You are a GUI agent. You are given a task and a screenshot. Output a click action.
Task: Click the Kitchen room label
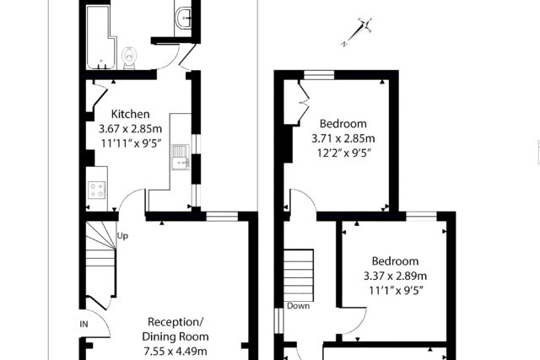click(130, 115)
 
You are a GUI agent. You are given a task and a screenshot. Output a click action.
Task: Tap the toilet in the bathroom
click(129, 58)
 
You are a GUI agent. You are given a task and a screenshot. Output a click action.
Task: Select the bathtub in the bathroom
click(100, 37)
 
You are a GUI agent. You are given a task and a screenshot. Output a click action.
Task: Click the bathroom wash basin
click(185, 18)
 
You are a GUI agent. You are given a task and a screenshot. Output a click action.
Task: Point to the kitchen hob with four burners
click(97, 190)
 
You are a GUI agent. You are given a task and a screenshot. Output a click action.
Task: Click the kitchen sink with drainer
click(180, 157)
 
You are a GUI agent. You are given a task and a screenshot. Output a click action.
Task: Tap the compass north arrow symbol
click(357, 32)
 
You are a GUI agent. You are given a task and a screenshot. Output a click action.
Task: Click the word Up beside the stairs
click(122, 236)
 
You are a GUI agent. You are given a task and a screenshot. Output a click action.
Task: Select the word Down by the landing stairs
click(298, 306)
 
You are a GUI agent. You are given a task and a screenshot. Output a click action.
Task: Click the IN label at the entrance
click(84, 324)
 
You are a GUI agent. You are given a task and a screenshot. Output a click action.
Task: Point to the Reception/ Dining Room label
click(175, 329)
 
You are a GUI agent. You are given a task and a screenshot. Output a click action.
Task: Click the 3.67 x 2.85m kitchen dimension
click(130, 129)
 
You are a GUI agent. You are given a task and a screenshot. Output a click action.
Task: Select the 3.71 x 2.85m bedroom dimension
click(343, 138)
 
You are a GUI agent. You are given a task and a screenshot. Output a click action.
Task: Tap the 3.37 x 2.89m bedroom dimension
click(396, 276)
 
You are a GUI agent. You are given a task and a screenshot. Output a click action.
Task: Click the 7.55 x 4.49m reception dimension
click(175, 352)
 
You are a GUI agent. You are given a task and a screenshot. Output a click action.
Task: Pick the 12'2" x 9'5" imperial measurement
click(343, 153)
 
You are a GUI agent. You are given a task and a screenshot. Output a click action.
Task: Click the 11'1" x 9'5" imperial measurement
click(396, 291)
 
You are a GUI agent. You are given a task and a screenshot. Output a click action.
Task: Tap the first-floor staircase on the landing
click(299, 276)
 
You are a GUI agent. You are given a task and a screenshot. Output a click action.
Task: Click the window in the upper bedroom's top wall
click(319, 75)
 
